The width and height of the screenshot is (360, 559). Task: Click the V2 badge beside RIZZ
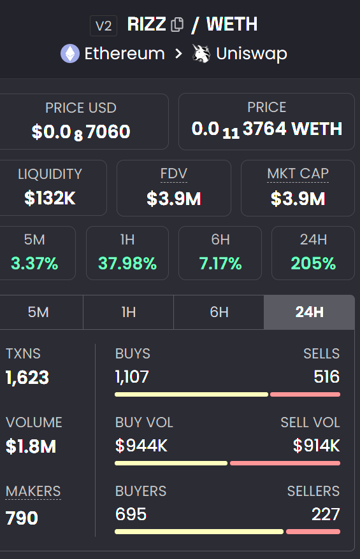click(103, 25)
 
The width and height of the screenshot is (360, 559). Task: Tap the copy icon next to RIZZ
click(177, 25)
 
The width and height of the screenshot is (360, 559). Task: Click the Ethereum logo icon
click(70, 53)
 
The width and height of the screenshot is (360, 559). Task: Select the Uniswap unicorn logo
click(201, 53)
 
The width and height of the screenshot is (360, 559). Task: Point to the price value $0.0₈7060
click(81, 132)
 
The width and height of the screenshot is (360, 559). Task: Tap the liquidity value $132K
click(50, 198)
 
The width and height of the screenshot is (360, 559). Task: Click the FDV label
click(173, 174)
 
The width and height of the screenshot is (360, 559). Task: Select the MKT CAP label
click(298, 174)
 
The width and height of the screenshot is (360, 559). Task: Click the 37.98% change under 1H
click(127, 263)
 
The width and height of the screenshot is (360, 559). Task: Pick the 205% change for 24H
click(313, 263)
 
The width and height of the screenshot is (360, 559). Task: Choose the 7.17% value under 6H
click(220, 263)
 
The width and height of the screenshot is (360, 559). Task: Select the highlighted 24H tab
click(309, 312)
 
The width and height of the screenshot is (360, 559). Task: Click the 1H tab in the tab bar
click(128, 312)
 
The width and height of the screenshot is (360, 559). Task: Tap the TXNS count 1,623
click(27, 378)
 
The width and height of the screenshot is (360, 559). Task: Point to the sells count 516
click(326, 377)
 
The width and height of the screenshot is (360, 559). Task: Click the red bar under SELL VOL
click(284, 463)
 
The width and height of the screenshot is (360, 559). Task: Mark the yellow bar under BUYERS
click(199, 531)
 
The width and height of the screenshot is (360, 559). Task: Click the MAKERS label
click(33, 491)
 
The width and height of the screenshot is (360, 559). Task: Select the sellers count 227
click(326, 514)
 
